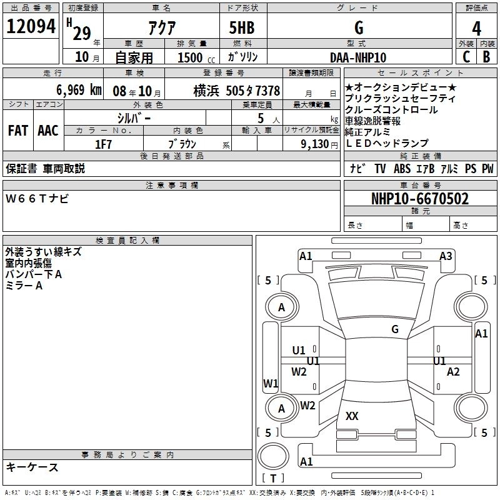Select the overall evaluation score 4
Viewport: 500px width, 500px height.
[476, 28]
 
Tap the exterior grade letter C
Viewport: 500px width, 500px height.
[466, 56]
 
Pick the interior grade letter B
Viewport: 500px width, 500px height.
[487, 56]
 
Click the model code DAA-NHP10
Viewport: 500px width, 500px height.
[358, 56]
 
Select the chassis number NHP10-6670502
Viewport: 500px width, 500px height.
[419, 199]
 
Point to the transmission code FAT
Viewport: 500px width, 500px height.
[17, 131]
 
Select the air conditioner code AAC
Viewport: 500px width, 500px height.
[47, 131]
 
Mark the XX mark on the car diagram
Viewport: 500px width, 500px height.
[352, 416]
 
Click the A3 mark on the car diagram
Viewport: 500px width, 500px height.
[446, 256]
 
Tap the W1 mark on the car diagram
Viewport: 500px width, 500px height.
[271, 383]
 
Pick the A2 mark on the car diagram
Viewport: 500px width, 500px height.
[454, 371]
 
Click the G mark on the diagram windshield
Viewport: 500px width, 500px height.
[394, 329]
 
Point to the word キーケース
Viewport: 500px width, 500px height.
[32, 467]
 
